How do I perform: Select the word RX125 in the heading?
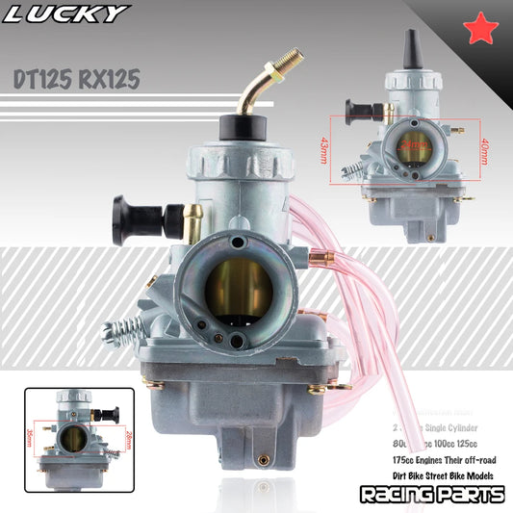click(119, 80)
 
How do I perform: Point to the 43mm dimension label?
click(322, 150)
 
